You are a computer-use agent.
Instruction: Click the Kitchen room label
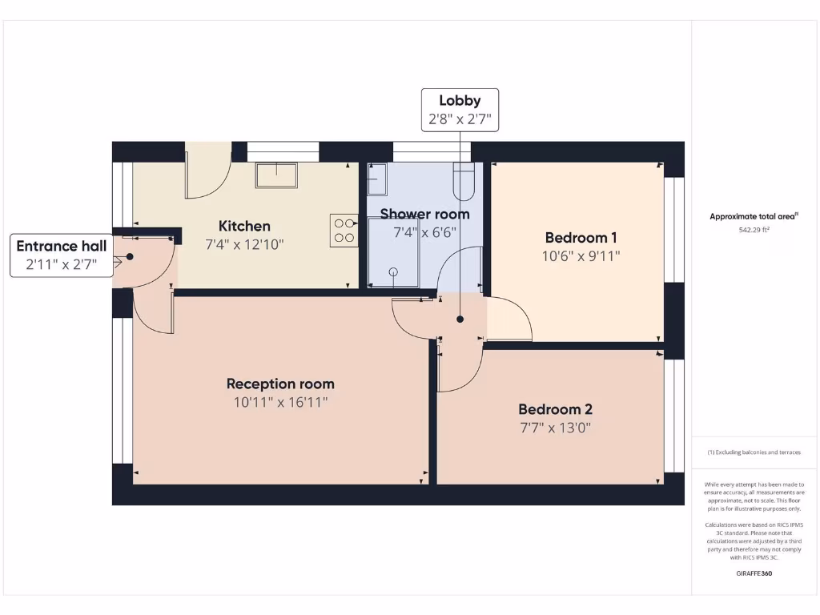point(244,226)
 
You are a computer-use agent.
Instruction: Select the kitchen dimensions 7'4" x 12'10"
point(244,244)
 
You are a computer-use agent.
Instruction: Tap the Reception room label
point(280,384)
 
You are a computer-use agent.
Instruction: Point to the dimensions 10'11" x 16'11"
point(280,402)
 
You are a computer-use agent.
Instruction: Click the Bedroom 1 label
point(581,237)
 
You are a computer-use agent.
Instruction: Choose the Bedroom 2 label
point(555,409)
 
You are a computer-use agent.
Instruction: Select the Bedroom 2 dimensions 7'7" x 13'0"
point(555,428)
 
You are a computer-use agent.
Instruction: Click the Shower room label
point(424,214)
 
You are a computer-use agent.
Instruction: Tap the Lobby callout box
point(460,110)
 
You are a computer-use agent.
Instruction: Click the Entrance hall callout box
point(62,255)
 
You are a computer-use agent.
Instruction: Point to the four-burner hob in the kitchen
point(344,231)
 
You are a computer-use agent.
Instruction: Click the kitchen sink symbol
point(276,175)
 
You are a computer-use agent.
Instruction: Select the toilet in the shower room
point(464,182)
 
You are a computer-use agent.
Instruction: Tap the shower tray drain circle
point(393,271)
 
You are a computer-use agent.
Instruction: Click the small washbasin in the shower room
point(376,180)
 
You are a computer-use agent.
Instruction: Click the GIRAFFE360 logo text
point(754,573)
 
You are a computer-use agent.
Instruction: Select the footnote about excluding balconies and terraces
point(754,452)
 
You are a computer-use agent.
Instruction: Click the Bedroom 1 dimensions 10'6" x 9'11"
point(581,256)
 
